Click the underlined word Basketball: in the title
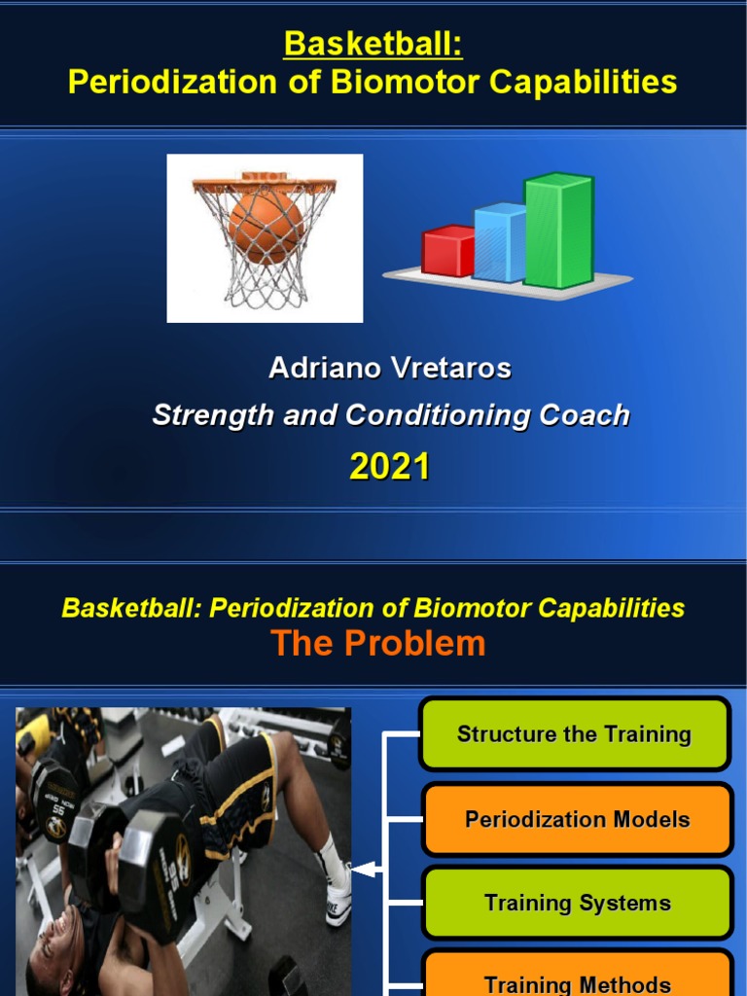tap(373, 44)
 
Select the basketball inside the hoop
tap(266, 224)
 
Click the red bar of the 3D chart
tap(447, 251)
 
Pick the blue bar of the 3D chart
tap(500, 243)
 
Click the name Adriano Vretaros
tap(389, 369)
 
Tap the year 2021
tap(389, 468)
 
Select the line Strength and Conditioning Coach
tap(390, 416)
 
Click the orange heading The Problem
tap(377, 644)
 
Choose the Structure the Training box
tap(574, 734)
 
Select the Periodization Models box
tap(577, 819)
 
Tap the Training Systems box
tap(577, 903)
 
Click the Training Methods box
tap(577, 980)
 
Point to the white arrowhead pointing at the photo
tap(363, 870)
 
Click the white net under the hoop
tap(264, 282)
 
